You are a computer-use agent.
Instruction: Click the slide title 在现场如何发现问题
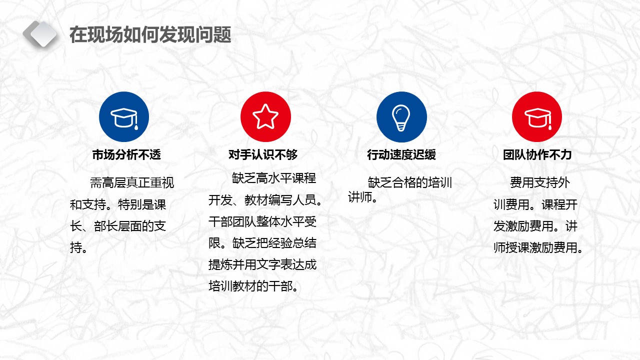pos(150,35)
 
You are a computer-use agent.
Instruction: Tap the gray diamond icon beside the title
pos(40,34)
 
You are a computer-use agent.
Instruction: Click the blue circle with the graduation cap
pos(124,117)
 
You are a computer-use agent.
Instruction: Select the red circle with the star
pos(265,117)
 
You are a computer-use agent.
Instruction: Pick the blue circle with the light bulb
pos(401,117)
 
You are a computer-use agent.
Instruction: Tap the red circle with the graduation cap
pos(537,117)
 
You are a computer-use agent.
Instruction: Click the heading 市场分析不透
pos(126,155)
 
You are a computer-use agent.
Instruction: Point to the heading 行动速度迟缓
pos(401,155)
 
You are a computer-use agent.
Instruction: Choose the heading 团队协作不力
pos(537,155)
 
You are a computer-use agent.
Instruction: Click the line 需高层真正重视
pos(132,183)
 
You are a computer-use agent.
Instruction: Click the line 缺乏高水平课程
pos(273,178)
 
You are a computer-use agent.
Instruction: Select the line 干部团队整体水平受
pos(262,221)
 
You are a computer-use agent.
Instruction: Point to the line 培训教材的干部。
pos(254,286)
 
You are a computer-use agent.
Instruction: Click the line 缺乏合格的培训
pos(409,182)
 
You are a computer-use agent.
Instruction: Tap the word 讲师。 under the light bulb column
pos(362,198)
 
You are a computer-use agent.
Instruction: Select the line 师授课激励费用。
pos(538,248)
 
